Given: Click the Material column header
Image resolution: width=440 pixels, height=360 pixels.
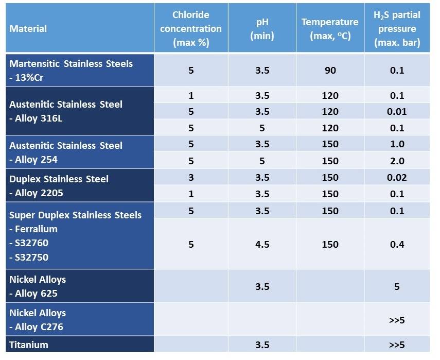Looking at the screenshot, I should coord(28,29).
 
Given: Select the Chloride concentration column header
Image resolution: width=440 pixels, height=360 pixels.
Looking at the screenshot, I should coord(191,29).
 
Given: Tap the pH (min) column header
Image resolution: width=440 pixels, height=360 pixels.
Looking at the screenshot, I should coord(262,29).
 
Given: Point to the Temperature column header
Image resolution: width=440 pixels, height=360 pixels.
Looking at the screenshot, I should coord(330,29).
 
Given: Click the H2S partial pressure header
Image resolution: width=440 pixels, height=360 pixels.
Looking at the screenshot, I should coord(397,29).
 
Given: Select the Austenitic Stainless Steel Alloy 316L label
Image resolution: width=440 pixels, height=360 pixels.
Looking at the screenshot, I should coord(66,111).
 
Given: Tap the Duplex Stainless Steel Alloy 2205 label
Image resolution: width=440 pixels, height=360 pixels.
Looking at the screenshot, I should coord(59,186).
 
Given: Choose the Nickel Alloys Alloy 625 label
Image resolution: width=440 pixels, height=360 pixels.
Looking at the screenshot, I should coord(38,286).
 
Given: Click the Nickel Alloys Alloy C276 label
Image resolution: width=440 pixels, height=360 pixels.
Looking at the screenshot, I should coord(38,320).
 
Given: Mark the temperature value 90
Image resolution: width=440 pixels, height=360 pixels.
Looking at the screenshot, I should coord(330,70).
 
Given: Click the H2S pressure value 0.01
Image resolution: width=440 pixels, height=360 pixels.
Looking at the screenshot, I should coord(397,111).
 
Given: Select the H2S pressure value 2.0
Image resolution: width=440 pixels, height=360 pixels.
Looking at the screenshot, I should coord(397,161).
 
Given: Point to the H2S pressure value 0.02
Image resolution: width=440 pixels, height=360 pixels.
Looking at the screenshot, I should coord(397,177).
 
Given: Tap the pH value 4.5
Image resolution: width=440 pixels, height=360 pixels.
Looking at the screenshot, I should coord(262,244).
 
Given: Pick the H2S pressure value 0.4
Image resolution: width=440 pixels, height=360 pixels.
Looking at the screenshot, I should coord(397,244).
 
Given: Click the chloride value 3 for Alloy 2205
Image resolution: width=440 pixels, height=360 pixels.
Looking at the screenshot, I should coord(191,177).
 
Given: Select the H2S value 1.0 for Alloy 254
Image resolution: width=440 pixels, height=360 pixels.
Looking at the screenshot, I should coord(397,144).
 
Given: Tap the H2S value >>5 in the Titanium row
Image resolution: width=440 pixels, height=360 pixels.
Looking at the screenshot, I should coord(397,345).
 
